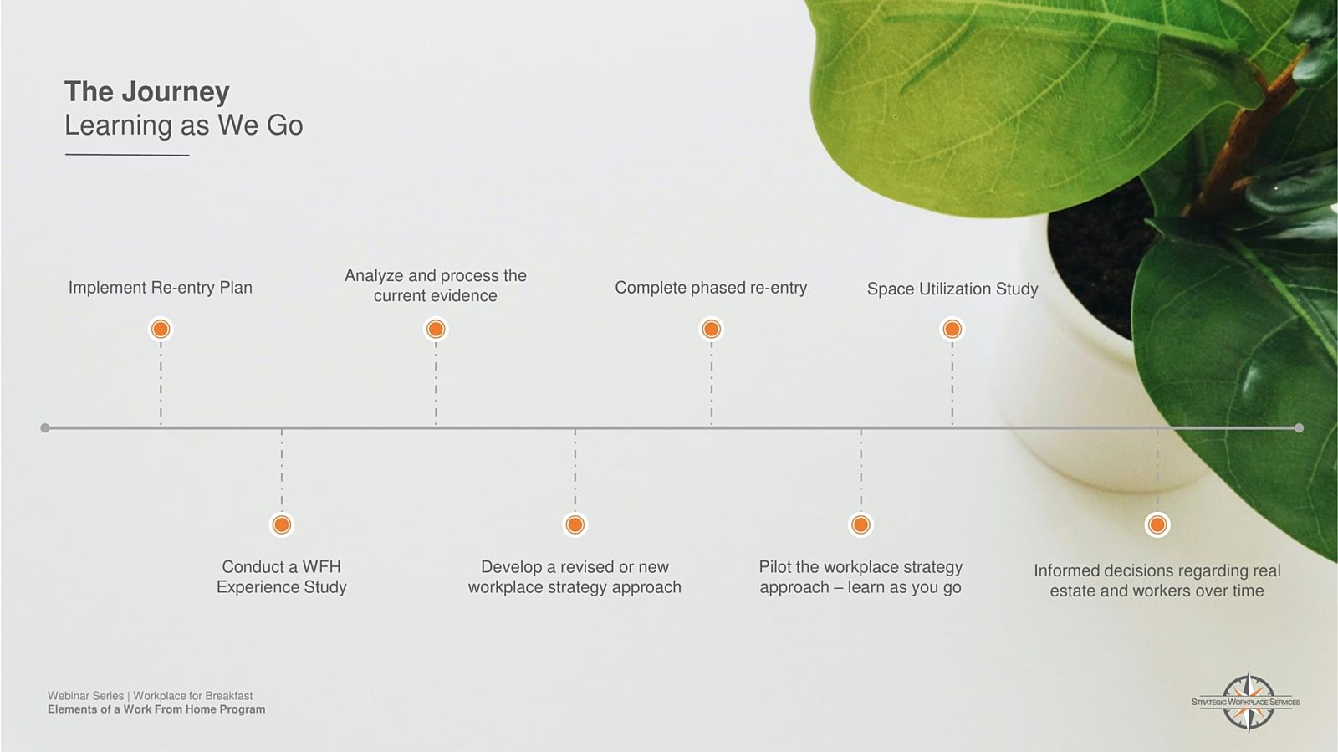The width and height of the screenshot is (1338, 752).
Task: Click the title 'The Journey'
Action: click(147, 92)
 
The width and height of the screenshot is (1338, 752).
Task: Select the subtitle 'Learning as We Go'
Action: click(183, 125)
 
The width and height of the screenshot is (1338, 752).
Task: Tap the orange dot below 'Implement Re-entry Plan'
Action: click(161, 329)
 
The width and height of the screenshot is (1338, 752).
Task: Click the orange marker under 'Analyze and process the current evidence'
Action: click(436, 329)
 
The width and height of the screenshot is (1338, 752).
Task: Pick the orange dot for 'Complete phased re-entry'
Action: click(712, 329)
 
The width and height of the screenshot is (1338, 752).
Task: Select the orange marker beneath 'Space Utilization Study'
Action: click(952, 329)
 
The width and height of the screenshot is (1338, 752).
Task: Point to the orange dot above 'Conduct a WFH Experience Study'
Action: click(282, 525)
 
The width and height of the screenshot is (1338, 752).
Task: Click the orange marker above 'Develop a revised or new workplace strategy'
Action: click(575, 525)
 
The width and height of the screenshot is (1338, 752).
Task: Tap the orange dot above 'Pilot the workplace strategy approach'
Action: click(861, 525)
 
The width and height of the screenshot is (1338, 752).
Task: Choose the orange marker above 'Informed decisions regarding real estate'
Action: click(1157, 525)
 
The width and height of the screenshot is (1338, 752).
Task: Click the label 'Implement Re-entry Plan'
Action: click(160, 288)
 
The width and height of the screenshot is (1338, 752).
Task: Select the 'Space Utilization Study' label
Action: click(952, 289)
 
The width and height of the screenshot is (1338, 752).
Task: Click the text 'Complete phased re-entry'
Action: click(711, 288)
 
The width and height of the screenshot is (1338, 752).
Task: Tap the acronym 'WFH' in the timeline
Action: click(321, 567)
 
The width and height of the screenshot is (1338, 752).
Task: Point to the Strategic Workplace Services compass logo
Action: click(1246, 702)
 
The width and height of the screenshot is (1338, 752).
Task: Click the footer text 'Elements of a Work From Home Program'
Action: click(156, 709)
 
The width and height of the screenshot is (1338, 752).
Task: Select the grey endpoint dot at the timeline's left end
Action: click(45, 428)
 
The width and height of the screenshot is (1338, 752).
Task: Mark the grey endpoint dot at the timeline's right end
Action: click(1300, 428)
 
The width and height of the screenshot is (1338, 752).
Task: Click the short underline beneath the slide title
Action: click(127, 156)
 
